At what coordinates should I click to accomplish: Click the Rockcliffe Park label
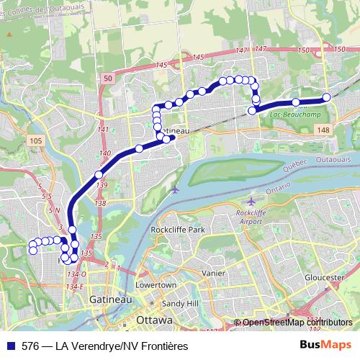(177, 230)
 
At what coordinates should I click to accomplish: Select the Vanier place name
(215, 274)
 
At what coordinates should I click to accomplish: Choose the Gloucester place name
(325, 277)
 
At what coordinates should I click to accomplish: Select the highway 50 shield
(107, 78)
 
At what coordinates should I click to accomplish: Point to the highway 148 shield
(323, 129)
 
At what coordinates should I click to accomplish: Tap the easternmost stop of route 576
(326, 97)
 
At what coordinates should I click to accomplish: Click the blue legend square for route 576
(10, 346)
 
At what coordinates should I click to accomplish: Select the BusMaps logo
(326, 346)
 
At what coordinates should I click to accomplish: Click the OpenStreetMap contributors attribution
(296, 323)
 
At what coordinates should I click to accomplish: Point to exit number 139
(100, 186)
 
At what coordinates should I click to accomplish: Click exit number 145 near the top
(161, 66)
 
